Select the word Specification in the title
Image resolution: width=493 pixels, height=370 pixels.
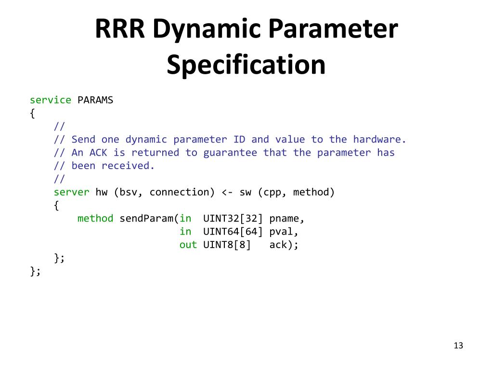click(246, 65)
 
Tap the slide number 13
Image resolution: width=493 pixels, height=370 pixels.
click(458, 345)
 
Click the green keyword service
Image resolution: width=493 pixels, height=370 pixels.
click(51, 100)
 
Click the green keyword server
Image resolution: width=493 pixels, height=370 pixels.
click(71, 192)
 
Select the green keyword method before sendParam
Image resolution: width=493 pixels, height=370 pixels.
click(95, 219)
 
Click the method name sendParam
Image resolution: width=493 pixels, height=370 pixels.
click(146, 219)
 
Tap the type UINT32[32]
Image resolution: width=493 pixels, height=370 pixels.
click(233, 219)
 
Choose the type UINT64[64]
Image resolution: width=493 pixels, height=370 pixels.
click(233, 232)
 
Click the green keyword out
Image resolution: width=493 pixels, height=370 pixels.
click(188, 245)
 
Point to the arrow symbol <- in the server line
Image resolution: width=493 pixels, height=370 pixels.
click(227, 192)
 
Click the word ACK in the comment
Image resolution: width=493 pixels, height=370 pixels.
click(98, 153)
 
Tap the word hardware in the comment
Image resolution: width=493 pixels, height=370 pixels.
click(379, 140)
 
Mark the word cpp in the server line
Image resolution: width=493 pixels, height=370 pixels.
click(272, 192)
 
